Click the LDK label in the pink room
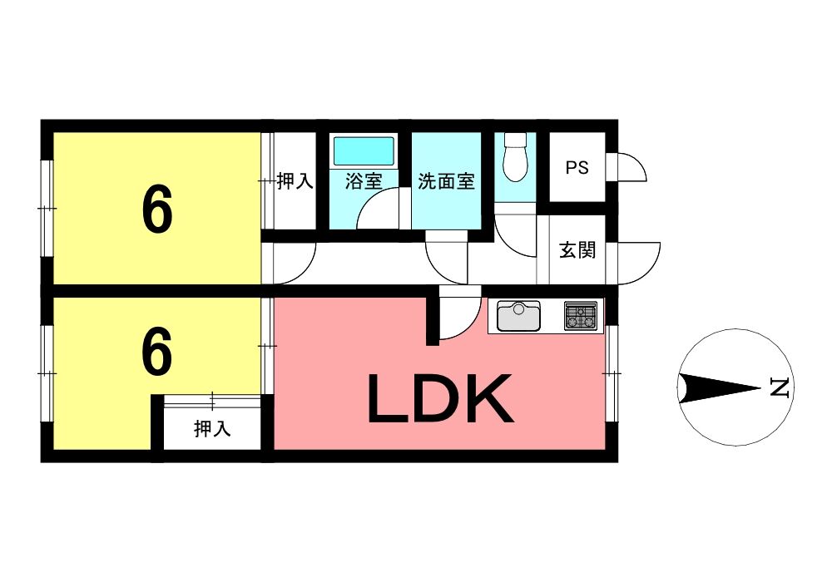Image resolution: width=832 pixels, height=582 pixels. click(x=438, y=399)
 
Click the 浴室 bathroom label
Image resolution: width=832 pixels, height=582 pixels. click(x=364, y=181)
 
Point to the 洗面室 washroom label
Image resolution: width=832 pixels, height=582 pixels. click(x=447, y=181)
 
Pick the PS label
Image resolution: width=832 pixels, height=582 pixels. click(x=577, y=167)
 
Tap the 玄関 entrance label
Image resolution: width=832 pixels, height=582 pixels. click(x=577, y=249)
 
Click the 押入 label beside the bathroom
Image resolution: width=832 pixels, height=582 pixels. click(x=295, y=181)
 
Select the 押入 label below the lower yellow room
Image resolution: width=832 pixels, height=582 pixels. click(x=212, y=429)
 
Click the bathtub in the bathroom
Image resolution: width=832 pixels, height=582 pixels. click(x=364, y=151)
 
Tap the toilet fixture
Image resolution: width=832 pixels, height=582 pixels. click(x=517, y=158)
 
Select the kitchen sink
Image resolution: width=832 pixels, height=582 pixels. click(x=519, y=316)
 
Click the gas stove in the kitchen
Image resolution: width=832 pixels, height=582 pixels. click(x=581, y=315)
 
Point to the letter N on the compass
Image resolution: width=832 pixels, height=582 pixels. click(x=779, y=387)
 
